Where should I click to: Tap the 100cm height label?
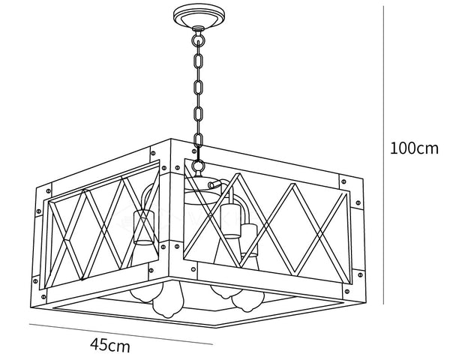click(x=413, y=148)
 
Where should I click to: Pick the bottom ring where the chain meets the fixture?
click(x=197, y=166)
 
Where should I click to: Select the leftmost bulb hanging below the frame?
click(x=164, y=300)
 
